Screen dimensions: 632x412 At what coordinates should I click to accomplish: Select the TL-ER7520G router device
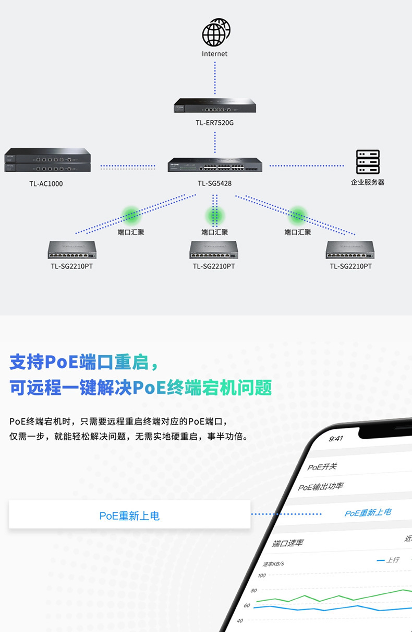(x=215, y=106)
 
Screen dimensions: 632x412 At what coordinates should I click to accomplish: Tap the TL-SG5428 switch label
(x=215, y=183)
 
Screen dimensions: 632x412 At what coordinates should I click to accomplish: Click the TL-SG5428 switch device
(x=215, y=165)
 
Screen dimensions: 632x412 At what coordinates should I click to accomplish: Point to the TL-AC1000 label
(x=46, y=183)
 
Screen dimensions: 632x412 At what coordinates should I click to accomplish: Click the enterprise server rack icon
(x=368, y=162)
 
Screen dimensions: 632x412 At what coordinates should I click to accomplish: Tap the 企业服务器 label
(x=368, y=182)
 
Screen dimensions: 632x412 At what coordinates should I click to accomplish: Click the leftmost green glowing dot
(x=131, y=214)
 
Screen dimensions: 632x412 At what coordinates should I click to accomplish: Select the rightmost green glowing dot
(x=298, y=214)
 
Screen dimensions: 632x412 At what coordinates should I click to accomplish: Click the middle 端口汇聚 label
(x=215, y=232)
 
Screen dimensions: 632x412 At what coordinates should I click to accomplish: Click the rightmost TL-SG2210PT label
(x=350, y=266)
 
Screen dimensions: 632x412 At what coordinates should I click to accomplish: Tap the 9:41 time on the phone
(x=336, y=438)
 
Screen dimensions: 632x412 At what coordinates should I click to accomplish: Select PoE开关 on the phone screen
(x=322, y=466)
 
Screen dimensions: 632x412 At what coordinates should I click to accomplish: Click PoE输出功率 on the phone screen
(x=321, y=487)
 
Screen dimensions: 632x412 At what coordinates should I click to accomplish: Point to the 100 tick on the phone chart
(x=262, y=576)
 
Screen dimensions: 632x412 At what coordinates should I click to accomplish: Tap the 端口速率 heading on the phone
(x=288, y=543)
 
